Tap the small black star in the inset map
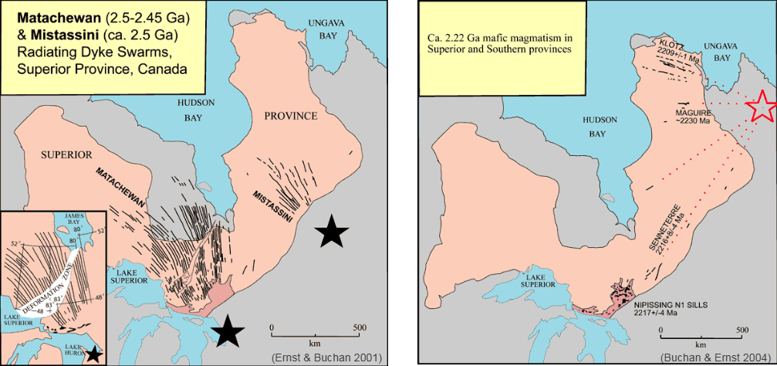(93, 354)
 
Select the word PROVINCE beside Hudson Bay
(290, 116)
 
